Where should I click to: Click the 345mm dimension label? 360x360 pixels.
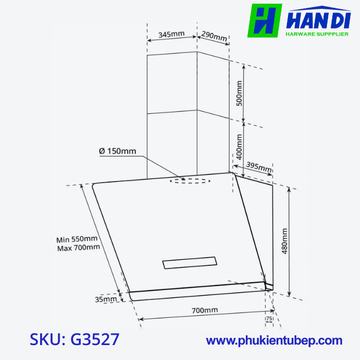171,34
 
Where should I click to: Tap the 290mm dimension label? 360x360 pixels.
214,37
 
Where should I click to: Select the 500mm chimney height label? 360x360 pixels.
239,93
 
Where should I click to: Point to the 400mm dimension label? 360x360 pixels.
239,146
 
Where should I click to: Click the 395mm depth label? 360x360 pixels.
259,167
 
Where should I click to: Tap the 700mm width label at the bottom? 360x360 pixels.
205,310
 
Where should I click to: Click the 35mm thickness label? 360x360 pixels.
106,298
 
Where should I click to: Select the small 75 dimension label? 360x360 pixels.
269,318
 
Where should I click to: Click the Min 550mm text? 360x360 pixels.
77,239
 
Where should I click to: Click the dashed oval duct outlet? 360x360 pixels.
190,181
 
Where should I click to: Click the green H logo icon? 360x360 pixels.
264,21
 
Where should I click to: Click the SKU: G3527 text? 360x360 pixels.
75,339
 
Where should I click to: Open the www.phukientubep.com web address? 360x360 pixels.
274,340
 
